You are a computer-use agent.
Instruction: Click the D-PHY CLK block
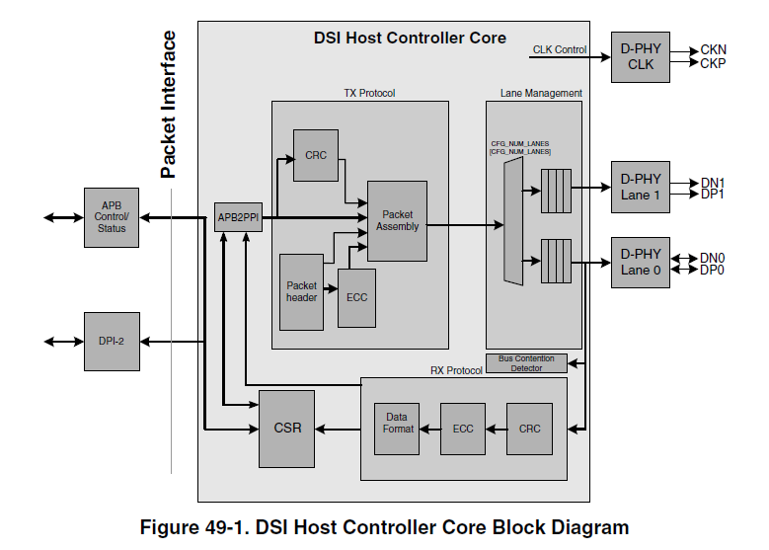click(641, 56)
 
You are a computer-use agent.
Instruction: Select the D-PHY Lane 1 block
click(641, 187)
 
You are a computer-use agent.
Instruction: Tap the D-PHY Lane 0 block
click(641, 263)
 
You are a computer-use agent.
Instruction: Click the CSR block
click(287, 429)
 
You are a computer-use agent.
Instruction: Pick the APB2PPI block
click(238, 216)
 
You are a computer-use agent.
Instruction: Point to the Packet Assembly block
click(397, 220)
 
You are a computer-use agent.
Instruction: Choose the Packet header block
click(302, 291)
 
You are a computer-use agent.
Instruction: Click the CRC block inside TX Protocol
click(315, 155)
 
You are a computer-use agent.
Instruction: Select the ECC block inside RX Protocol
click(463, 429)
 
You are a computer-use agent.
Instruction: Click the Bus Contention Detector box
click(526, 363)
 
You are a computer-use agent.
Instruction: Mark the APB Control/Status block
click(111, 216)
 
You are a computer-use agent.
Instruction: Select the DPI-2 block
click(111, 342)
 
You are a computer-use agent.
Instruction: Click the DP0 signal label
click(713, 270)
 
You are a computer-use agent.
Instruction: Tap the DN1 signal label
click(713, 182)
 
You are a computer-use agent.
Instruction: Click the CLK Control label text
click(559, 49)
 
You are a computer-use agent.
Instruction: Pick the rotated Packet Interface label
click(169, 105)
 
